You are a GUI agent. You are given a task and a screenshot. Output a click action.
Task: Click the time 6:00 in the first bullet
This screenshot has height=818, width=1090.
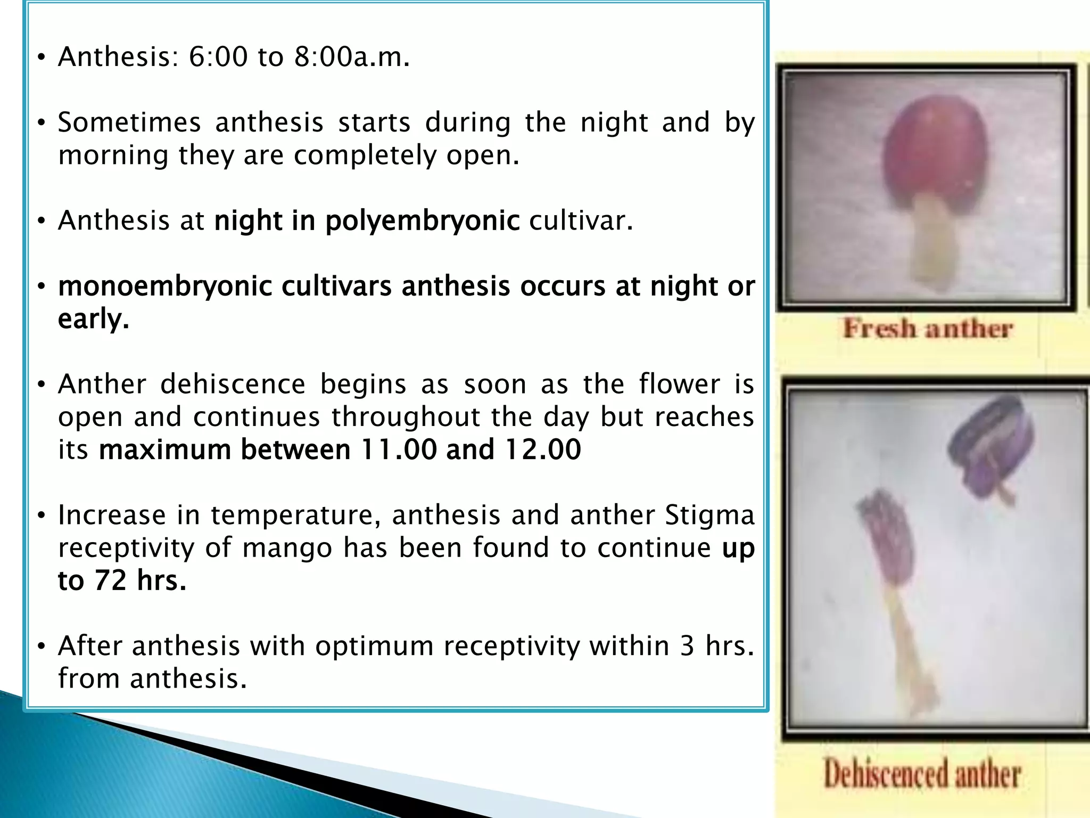pyautogui.click(x=218, y=56)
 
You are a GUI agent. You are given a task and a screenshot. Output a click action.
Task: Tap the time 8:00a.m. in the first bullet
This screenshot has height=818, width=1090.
pyautogui.click(x=351, y=56)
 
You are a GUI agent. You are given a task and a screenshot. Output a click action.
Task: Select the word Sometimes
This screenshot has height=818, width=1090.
pyautogui.click(x=129, y=122)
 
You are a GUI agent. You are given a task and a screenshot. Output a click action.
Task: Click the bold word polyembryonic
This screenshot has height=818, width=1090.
pyautogui.click(x=422, y=220)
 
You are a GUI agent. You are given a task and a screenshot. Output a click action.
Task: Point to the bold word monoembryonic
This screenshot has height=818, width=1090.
pyautogui.click(x=165, y=287)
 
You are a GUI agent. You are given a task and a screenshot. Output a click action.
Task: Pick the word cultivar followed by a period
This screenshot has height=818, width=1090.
pyautogui.click(x=580, y=220)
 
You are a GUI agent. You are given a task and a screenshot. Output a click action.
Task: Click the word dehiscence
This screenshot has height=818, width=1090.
pyautogui.click(x=233, y=385)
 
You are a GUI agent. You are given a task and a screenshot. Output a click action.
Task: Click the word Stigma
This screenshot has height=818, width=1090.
pyautogui.click(x=709, y=516)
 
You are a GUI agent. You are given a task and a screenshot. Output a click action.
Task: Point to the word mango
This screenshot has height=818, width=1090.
pyautogui.click(x=287, y=548)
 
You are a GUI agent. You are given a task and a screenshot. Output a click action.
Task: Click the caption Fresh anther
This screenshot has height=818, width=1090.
pyautogui.click(x=928, y=329)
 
